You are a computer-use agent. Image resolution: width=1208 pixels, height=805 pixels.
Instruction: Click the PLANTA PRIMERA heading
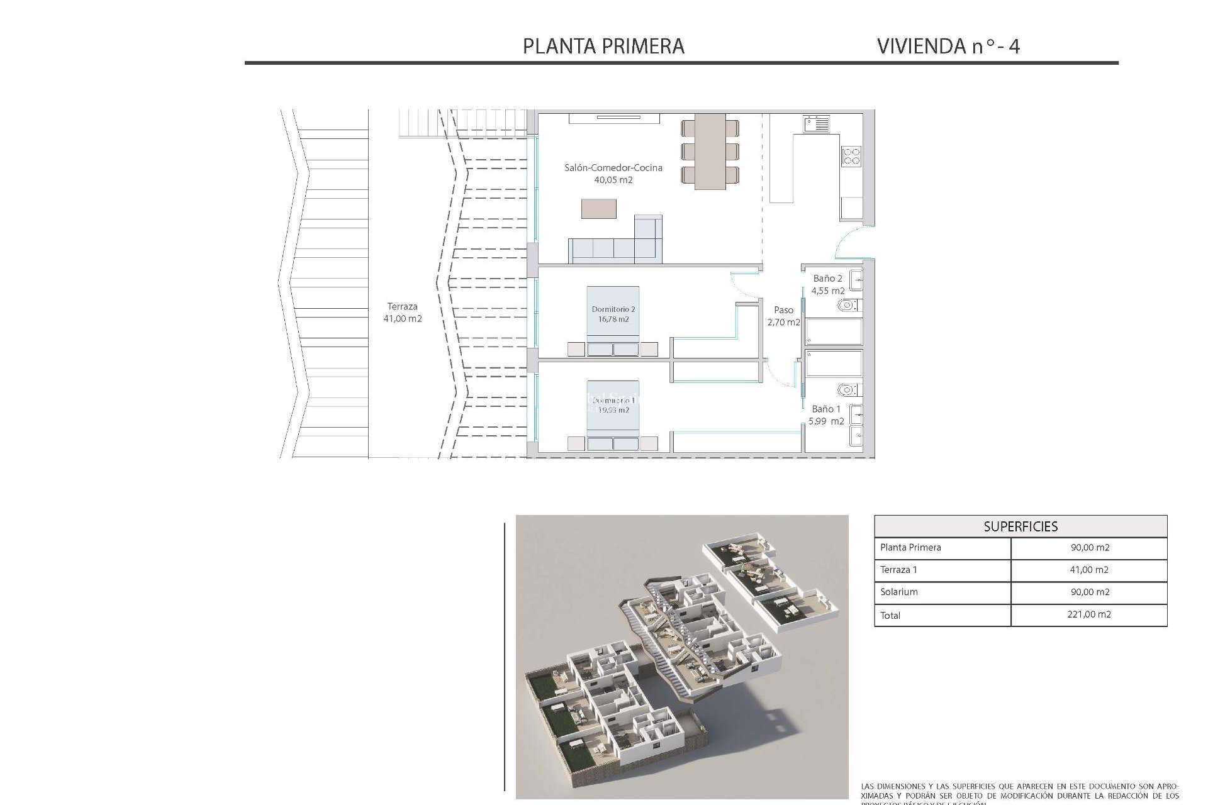603,46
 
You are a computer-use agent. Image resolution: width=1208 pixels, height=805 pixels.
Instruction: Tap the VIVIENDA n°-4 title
948,46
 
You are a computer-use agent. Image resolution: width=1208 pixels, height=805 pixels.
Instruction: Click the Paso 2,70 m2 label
783,316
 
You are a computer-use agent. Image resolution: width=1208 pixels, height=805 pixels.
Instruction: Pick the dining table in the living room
710,152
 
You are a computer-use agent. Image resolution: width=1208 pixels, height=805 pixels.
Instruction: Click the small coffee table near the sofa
598,208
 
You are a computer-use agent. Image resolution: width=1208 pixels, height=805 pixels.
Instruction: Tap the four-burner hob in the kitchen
851,155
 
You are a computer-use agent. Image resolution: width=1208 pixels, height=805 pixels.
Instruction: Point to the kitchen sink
816,123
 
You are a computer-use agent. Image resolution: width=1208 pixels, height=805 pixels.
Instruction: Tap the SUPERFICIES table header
1020,526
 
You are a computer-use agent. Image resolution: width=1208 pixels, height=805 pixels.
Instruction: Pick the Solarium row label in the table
898,592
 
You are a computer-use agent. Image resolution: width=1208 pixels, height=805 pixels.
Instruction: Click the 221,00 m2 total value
1088,614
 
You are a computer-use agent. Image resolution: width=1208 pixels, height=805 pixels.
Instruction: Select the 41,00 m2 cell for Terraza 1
1088,570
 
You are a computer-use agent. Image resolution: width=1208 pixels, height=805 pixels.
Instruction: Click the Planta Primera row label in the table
910,547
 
